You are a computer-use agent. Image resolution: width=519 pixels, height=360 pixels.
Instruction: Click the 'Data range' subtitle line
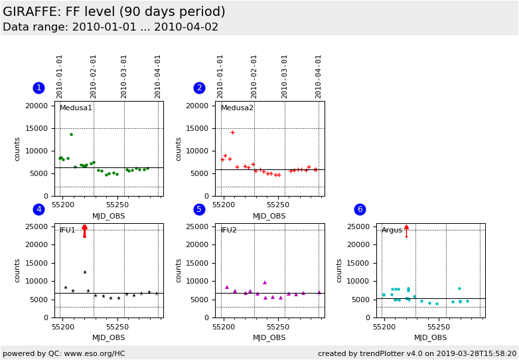click(x=110, y=27)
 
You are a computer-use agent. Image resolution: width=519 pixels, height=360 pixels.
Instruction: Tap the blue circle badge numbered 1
click(x=38, y=88)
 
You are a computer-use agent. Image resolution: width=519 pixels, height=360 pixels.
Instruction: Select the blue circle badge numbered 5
click(x=199, y=209)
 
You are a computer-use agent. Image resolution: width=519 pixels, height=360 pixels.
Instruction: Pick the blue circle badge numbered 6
click(x=360, y=209)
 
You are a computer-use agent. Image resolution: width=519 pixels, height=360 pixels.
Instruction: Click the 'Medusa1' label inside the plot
click(x=76, y=108)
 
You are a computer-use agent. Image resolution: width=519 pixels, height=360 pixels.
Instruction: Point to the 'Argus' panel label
click(x=392, y=230)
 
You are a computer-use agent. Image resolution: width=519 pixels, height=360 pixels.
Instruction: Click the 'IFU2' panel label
click(x=229, y=230)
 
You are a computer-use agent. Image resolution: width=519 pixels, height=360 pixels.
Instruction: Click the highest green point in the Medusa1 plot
click(x=71, y=134)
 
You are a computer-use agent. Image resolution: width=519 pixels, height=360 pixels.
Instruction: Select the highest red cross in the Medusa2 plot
click(x=232, y=132)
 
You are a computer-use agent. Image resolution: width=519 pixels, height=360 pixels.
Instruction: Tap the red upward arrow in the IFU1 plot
click(x=84, y=230)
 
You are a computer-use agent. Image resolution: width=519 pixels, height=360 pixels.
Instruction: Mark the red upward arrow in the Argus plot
click(x=406, y=230)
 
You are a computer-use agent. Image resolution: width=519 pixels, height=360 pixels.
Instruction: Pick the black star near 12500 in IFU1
click(x=84, y=272)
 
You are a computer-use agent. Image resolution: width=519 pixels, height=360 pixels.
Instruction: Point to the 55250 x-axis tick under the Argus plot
click(x=438, y=327)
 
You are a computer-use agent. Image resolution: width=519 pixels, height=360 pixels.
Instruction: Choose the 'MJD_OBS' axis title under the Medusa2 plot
click(x=269, y=216)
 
